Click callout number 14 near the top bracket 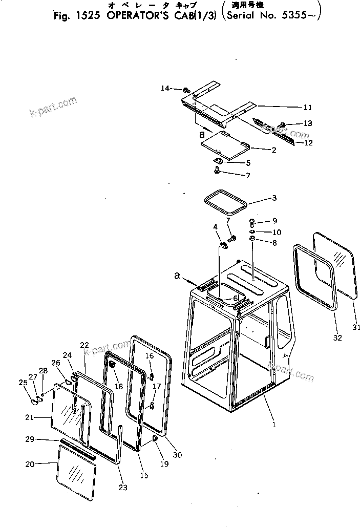[x=165, y=88]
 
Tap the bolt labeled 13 [x=282, y=125]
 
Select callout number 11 [x=307, y=108]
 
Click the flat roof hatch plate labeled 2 [x=224, y=145]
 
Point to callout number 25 [x=23, y=382]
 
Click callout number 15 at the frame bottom [x=144, y=475]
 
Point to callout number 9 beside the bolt [x=274, y=221]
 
